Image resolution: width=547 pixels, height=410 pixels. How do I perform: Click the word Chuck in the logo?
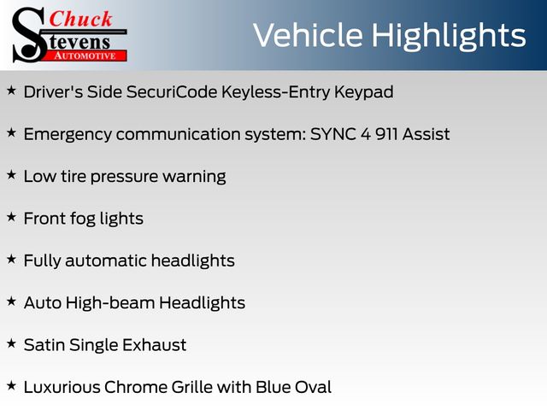click(80, 20)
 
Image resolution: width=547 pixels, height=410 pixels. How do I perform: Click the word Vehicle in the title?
click(308, 35)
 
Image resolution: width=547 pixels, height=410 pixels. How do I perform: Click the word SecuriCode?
click(172, 92)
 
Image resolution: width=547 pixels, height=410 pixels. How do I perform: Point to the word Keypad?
click(363, 93)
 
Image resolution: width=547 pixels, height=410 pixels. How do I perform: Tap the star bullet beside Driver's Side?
click(11, 91)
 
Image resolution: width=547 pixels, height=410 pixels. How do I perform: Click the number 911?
click(386, 134)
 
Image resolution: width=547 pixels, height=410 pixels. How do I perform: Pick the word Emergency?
click(68, 135)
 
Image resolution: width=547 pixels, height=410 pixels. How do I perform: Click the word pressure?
click(124, 178)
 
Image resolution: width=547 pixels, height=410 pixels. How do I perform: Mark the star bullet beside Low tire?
click(11, 174)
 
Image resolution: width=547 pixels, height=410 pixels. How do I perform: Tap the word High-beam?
click(110, 303)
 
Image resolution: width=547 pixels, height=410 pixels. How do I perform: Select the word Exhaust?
click(154, 345)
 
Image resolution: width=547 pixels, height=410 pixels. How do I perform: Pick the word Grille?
click(192, 387)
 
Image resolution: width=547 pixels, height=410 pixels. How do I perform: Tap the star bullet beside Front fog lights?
click(11, 217)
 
